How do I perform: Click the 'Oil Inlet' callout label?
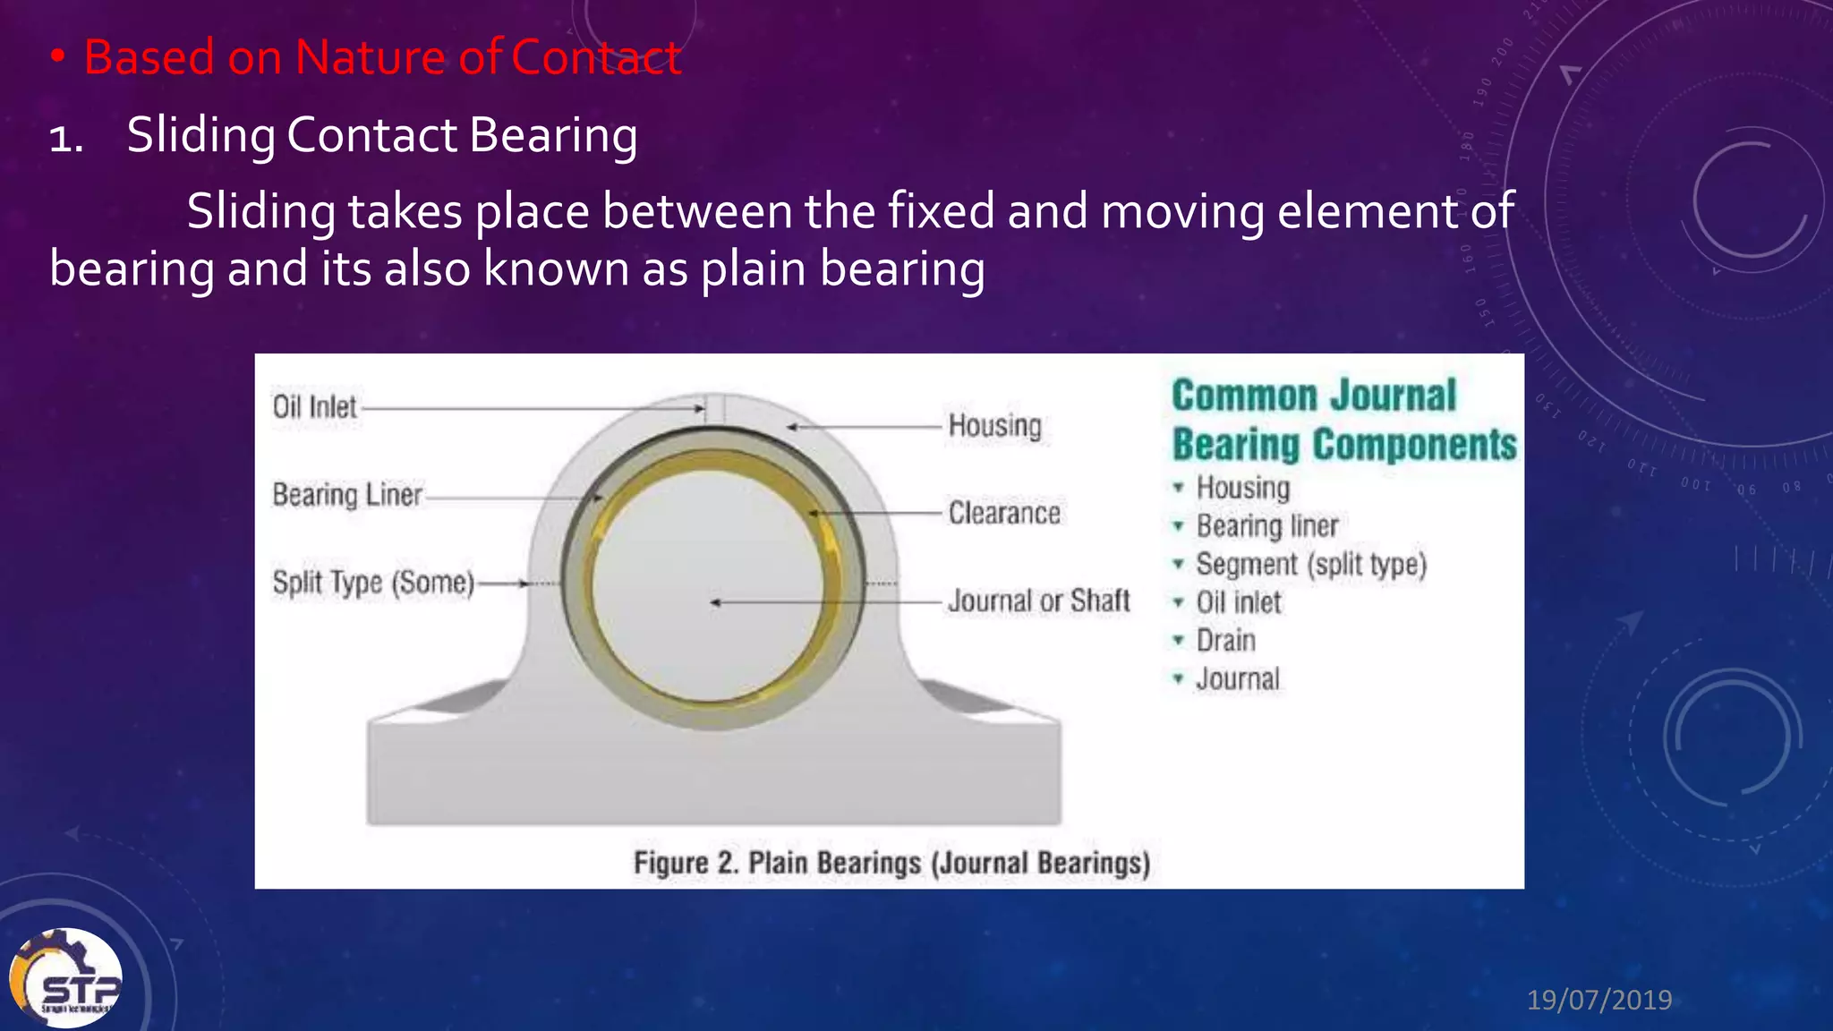(x=314, y=407)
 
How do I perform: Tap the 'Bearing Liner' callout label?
(x=347, y=495)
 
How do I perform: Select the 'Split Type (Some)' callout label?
(x=373, y=583)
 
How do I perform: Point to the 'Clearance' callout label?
(x=1004, y=514)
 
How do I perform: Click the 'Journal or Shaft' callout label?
(x=1039, y=601)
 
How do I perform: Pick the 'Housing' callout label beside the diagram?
(x=995, y=426)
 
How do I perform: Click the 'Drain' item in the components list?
(x=1225, y=641)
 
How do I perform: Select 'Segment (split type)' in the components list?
(x=1311, y=565)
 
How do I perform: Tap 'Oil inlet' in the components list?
(x=1239, y=602)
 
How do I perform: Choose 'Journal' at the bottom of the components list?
(x=1238, y=679)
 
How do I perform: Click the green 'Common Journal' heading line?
(x=1314, y=396)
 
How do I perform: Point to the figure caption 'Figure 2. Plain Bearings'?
(x=891, y=863)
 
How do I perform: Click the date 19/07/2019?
(x=1599, y=999)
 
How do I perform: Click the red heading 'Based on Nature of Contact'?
(x=382, y=57)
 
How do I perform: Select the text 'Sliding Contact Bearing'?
(x=382, y=135)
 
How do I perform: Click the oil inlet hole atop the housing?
(x=714, y=409)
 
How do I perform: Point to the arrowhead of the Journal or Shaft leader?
(x=715, y=602)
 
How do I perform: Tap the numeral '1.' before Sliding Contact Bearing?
(x=66, y=139)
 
